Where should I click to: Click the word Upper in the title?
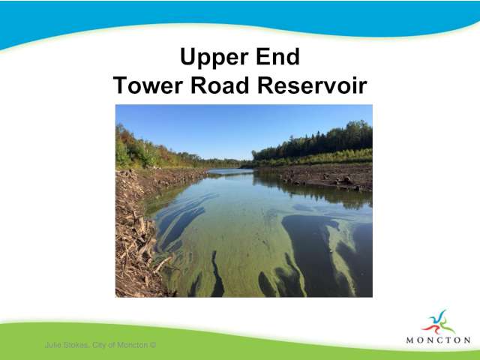coord(214,57)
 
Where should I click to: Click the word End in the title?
coord(277,56)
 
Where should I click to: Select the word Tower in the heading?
coord(148,85)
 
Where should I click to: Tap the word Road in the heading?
coord(220,85)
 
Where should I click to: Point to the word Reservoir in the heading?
coord(312,85)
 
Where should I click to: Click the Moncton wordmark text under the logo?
coord(438,340)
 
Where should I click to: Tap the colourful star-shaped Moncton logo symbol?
coord(438,322)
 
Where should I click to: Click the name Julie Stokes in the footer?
coord(67,345)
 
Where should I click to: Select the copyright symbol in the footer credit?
coord(153,345)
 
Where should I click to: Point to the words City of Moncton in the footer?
coord(120,345)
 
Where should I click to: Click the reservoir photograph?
coord(244,201)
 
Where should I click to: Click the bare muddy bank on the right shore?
coord(328,177)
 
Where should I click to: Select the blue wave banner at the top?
coord(240,18)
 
